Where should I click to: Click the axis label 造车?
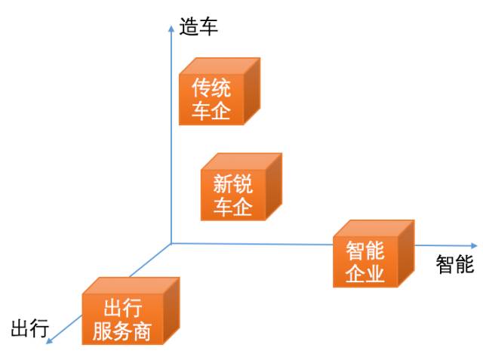pyautogui.click(x=198, y=26)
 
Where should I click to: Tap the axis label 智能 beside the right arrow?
pyautogui.click(x=454, y=264)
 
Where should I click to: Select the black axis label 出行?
pyautogui.click(x=30, y=328)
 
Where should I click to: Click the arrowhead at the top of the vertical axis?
pyautogui.click(x=171, y=29)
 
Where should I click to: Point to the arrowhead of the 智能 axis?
pyautogui.click(x=474, y=246)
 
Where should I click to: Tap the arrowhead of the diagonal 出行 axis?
pyautogui.click(x=49, y=340)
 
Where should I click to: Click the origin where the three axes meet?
pyautogui.click(x=171, y=244)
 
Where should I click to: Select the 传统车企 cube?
pyautogui.click(x=220, y=91)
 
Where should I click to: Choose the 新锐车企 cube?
pyautogui.click(x=241, y=187)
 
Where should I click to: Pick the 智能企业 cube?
pyautogui.click(x=374, y=254)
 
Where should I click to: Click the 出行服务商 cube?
pyautogui.click(x=131, y=311)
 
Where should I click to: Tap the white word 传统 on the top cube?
pyautogui.click(x=211, y=88)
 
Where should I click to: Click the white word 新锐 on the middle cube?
pyautogui.click(x=233, y=184)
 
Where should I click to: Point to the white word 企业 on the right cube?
pyautogui.click(x=365, y=273)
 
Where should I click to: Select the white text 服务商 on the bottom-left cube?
pyautogui.click(x=122, y=331)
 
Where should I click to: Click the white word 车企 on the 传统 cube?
pyautogui.click(x=211, y=110)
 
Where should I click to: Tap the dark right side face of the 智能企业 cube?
pyautogui.click(x=406, y=254)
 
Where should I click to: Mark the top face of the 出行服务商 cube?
pyautogui.click(x=131, y=285)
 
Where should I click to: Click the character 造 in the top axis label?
pyautogui.click(x=189, y=26)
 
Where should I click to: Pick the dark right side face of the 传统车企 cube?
pyautogui.click(x=252, y=91)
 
